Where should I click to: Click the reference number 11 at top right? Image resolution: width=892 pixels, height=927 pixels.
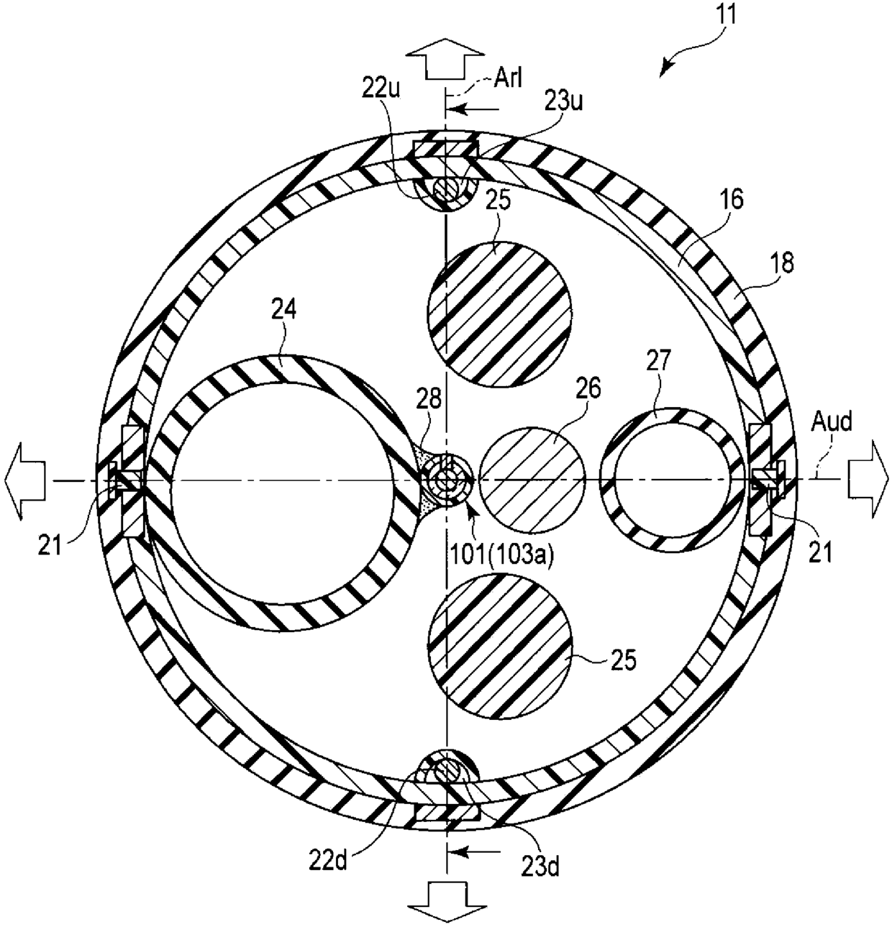(724, 15)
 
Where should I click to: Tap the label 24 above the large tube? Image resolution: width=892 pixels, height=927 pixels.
(284, 310)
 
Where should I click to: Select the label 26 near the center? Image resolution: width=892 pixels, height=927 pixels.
(588, 389)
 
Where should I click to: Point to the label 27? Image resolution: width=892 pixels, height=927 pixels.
(658, 360)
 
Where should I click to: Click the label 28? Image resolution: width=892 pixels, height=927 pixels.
(428, 400)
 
